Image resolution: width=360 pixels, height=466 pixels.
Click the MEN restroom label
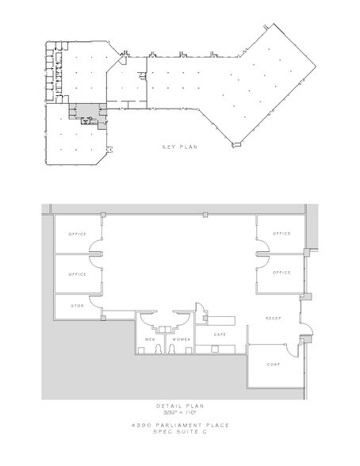tap(149, 341)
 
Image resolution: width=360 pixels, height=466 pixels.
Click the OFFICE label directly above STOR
tap(76, 273)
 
